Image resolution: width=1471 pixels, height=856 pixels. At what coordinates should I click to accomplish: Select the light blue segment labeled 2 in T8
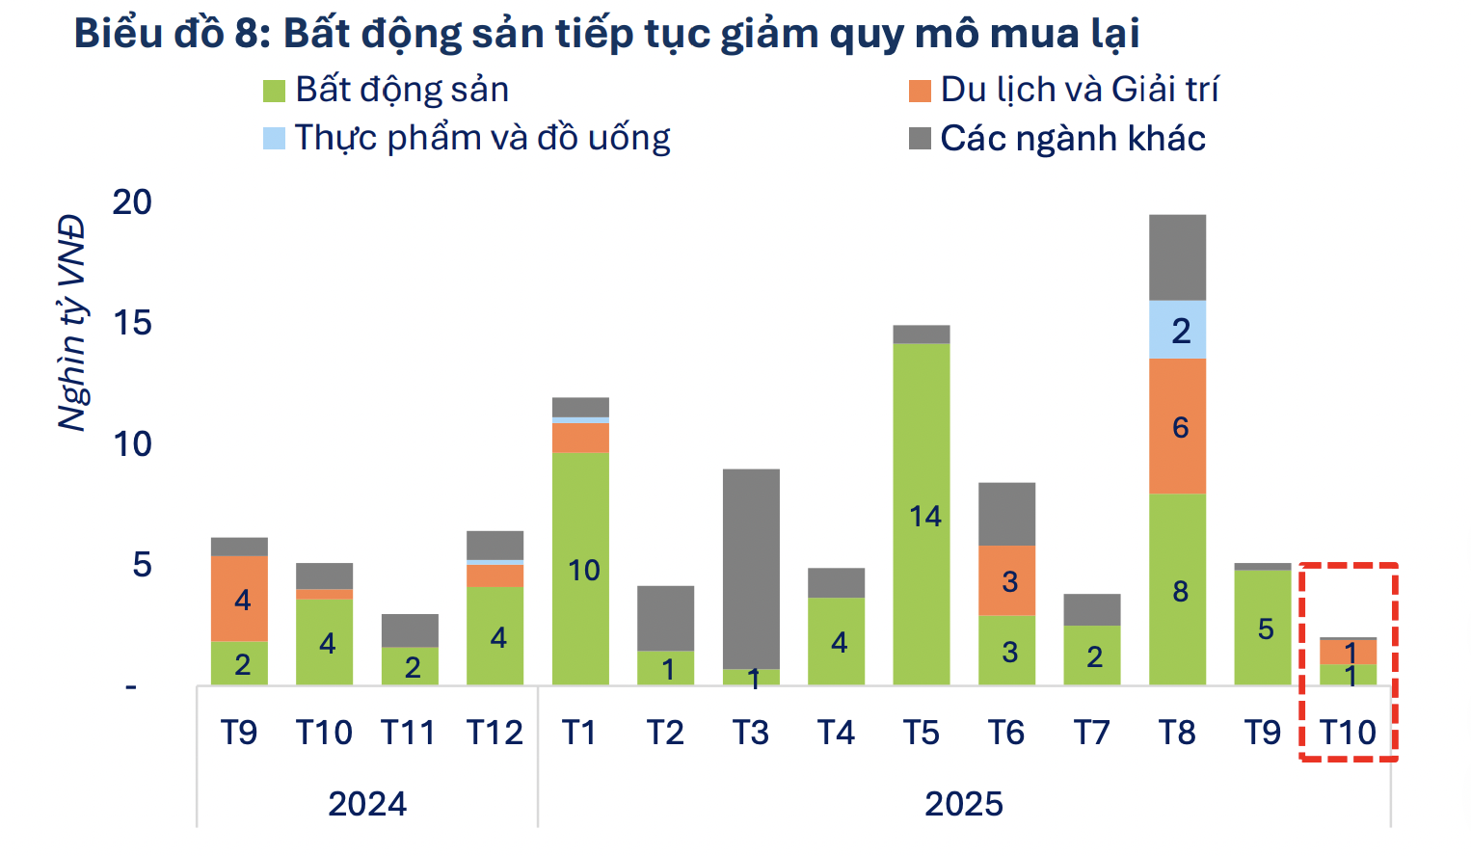tap(1177, 330)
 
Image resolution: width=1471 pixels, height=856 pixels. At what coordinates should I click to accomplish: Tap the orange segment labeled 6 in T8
tap(1177, 426)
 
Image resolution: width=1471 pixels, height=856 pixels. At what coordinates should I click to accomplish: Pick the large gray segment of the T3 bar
tap(751, 569)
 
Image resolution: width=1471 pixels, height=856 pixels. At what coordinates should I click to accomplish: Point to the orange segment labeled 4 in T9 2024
tap(239, 599)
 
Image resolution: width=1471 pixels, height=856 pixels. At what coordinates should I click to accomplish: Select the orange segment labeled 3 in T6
tap(1006, 580)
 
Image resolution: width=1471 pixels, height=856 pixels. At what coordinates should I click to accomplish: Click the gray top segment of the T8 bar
tap(1177, 257)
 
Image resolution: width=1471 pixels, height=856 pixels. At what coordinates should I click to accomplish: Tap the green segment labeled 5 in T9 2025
tap(1263, 627)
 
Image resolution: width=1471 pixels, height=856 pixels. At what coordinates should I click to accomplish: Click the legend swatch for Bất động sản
tap(275, 91)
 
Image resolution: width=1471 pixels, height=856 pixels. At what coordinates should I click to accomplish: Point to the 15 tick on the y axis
tap(132, 323)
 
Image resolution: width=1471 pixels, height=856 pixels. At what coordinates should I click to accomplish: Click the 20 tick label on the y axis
tap(132, 202)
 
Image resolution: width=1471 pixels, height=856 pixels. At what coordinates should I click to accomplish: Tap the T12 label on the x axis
tap(495, 734)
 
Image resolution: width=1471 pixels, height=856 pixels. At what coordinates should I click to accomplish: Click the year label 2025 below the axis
tap(963, 803)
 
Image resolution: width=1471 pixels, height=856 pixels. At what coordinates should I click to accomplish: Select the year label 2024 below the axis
tap(366, 803)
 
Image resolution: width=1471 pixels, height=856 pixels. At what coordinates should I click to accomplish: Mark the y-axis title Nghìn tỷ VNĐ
tap(72, 323)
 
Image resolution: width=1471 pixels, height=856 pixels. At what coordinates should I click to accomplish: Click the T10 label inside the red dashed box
tap(1348, 734)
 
